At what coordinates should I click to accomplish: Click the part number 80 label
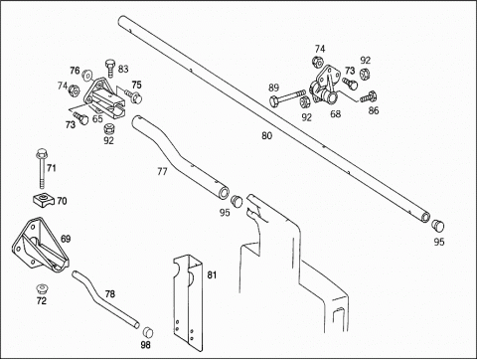click(x=266, y=135)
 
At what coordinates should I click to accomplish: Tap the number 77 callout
click(x=162, y=171)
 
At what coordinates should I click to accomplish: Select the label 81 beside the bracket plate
click(x=212, y=274)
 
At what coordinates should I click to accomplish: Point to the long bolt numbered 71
click(x=41, y=168)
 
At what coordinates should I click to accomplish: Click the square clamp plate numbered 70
click(x=44, y=199)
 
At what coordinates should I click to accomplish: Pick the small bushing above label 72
click(x=42, y=288)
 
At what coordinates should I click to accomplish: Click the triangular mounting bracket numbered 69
click(x=41, y=246)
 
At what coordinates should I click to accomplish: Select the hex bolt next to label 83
click(x=110, y=69)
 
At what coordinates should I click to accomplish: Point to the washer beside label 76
click(x=87, y=75)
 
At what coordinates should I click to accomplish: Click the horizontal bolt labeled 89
click(x=287, y=97)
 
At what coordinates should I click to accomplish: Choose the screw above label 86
click(x=369, y=96)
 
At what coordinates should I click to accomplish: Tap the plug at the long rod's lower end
click(x=438, y=225)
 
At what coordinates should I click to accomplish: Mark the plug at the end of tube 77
click(x=237, y=201)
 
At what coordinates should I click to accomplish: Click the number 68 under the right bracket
click(x=335, y=114)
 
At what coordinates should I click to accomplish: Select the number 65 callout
click(x=97, y=118)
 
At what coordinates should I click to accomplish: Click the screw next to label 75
click(x=133, y=96)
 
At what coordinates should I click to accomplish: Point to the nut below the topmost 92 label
click(x=365, y=73)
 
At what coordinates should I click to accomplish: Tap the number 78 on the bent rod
click(x=110, y=294)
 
